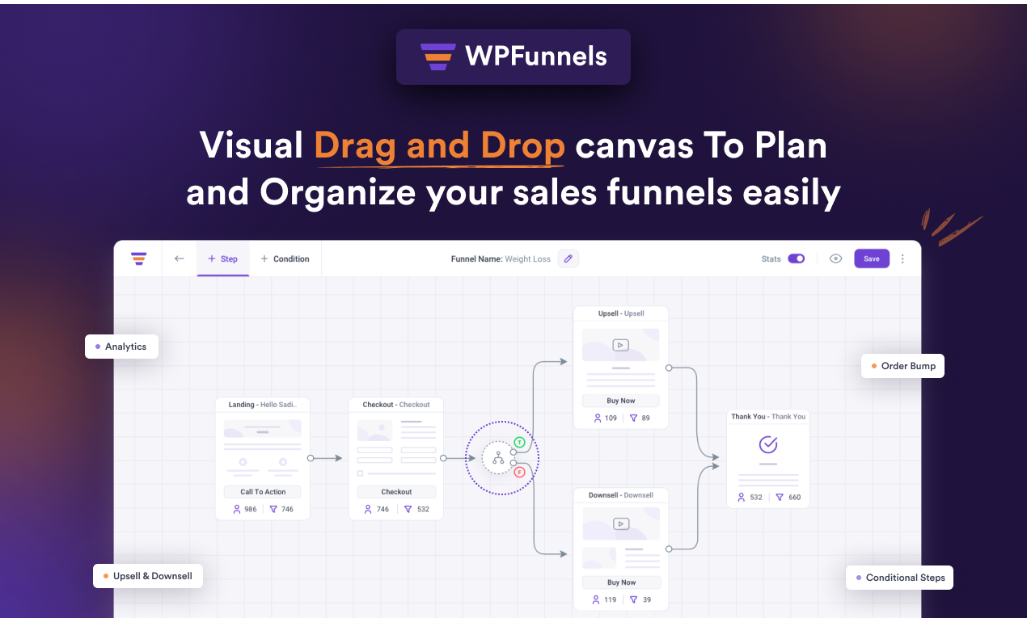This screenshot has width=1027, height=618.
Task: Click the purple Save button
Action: tap(871, 259)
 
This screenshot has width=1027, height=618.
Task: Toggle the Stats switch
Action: tap(797, 259)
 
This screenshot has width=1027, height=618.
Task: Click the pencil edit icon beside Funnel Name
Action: tap(568, 259)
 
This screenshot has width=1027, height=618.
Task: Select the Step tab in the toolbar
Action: tap(222, 259)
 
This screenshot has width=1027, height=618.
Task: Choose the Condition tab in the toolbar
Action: tap(285, 259)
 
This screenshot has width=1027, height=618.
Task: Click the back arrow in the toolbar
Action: tap(180, 259)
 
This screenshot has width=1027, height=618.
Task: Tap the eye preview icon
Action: tap(836, 259)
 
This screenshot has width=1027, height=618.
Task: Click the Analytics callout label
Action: tap(121, 347)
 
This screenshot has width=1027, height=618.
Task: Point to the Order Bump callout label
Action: tap(902, 366)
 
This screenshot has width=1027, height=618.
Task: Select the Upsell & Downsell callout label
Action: tap(147, 576)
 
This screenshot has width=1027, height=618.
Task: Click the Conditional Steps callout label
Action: tap(900, 578)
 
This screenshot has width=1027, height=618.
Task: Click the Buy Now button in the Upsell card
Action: tap(621, 401)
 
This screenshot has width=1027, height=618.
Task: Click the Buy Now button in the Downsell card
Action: tap(621, 582)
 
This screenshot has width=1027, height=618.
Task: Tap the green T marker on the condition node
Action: tap(519, 443)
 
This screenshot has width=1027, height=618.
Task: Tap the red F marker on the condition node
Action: tap(519, 472)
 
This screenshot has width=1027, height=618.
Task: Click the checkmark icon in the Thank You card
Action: tap(768, 444)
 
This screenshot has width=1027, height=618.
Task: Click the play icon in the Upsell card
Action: tap(620, 345)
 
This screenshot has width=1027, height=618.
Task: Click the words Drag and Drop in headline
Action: tap(439, 146)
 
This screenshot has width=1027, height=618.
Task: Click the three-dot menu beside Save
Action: tap(903, 259)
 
